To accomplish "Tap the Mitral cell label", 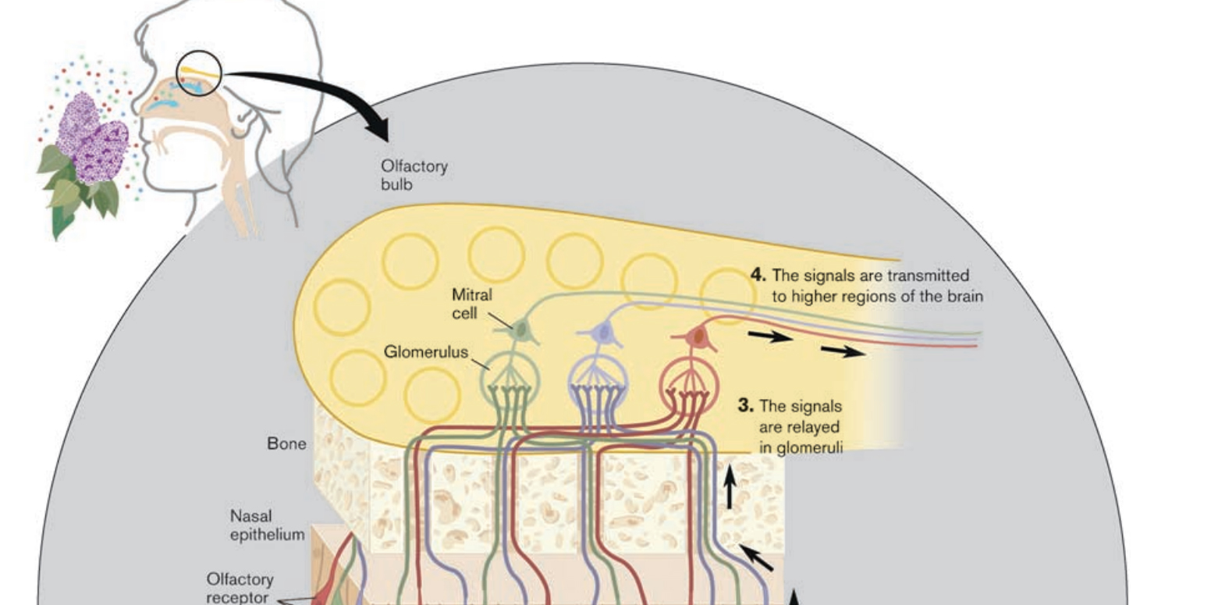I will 472,304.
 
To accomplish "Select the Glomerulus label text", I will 425,352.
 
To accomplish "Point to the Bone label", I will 286,444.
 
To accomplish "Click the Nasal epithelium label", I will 267,525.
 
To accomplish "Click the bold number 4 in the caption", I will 758,275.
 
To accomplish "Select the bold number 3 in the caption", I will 745,406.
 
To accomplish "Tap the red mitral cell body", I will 698,337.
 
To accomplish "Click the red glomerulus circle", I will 688,384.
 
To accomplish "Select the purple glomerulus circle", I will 598,383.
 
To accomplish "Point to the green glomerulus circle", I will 510,383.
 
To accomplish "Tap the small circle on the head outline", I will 199,74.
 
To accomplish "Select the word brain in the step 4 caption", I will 964,297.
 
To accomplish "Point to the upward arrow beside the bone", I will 730,486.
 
